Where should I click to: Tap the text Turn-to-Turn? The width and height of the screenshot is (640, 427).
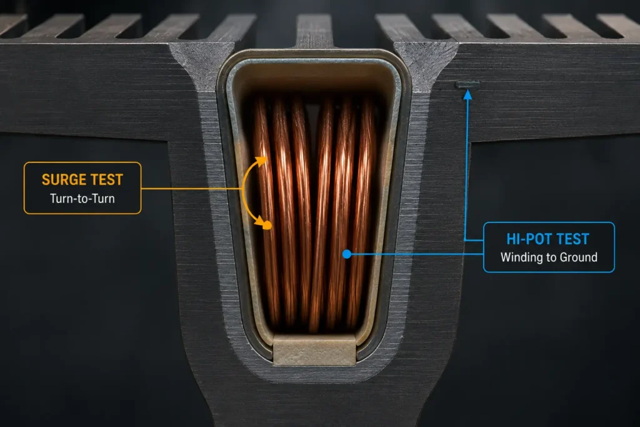point(82,198)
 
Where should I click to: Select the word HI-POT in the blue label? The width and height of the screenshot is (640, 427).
point(527,239)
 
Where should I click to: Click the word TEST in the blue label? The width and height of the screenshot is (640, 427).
point(571,239)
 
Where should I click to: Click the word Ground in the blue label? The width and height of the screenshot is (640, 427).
point(578,258)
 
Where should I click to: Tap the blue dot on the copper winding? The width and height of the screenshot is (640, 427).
point(347,254)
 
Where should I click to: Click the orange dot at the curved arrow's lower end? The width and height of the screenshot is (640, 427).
point(267,225)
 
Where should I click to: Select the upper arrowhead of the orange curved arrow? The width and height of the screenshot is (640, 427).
point(262,161)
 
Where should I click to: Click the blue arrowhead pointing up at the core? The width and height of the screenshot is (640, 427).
point(467,94)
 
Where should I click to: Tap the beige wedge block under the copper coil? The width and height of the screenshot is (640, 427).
point(314,349)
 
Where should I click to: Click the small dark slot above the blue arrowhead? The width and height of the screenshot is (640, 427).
point(467,84)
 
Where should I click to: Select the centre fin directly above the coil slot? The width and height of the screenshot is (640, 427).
point(314,31)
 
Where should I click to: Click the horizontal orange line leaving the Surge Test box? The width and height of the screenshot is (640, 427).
point(192,189)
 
